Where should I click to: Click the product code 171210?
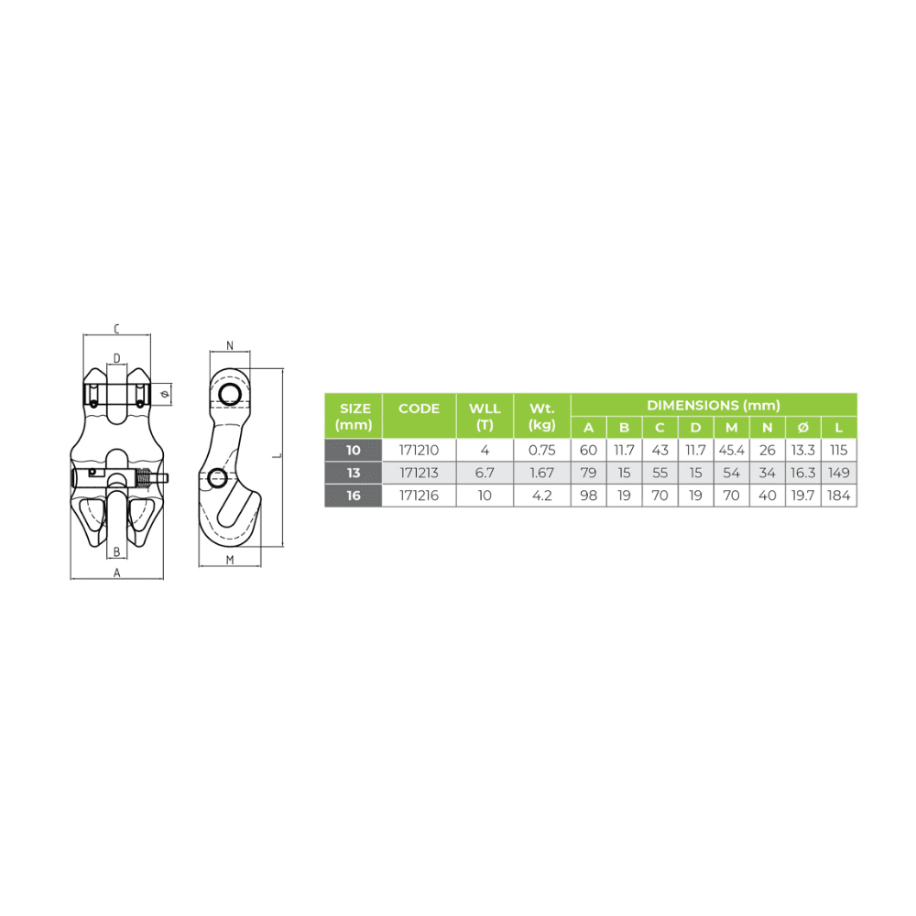(419, 450)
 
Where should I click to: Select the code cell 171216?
(419, 496)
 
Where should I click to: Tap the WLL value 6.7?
(485, 473)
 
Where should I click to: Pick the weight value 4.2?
(541, 496)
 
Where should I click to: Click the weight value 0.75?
(541, 450)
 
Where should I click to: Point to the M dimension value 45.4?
(731, 450)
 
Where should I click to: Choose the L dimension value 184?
(838, 496)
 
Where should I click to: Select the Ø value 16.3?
(802, 473)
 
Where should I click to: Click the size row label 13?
(354, 473)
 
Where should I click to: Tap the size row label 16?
(354, 496)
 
